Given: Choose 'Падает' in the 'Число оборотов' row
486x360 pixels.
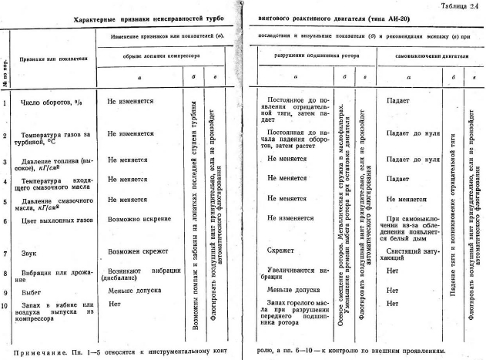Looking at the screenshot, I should click(397, 99).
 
